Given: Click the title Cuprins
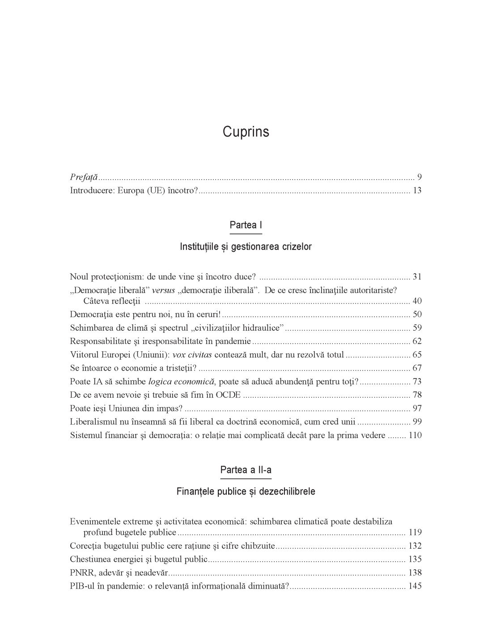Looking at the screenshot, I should coord(246,132).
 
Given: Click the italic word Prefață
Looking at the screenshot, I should coord(84,177).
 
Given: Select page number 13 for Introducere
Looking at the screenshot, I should coord(417,190).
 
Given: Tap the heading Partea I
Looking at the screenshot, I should coord(246,225).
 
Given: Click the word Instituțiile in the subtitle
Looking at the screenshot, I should coord(200,247).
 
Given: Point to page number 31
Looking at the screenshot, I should coord(417,277).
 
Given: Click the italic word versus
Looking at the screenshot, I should coord(163,290).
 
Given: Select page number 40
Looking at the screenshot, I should coord(417,301).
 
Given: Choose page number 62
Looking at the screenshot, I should coord(417,341).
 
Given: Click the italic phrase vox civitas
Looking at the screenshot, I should coord(191,355).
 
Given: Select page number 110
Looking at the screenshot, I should coord(415,435).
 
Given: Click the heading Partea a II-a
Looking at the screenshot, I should coord(246,470).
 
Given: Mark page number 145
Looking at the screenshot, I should coord(415,586).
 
